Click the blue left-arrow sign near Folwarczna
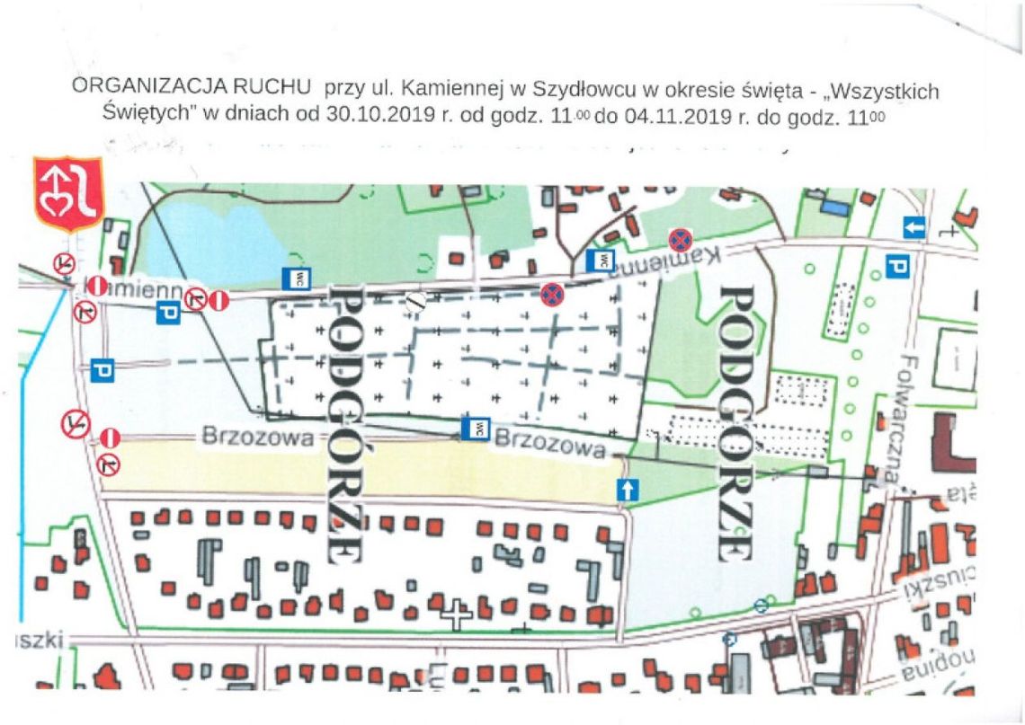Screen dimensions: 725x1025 [914, 228]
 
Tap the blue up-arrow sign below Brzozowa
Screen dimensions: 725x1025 [627, 490]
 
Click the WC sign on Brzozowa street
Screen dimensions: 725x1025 [475, 428]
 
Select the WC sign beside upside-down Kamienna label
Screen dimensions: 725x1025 [599, 261]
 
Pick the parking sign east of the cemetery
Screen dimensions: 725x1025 [896, 265]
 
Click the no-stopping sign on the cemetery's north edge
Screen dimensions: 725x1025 [552, 294]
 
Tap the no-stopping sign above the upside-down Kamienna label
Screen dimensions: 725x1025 [680, 240]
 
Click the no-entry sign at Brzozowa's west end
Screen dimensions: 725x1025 [110, 438]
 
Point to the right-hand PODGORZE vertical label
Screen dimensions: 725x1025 [737, 422]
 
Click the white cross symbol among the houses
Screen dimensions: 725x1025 [457, 616]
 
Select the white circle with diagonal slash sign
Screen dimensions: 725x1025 [414, 302]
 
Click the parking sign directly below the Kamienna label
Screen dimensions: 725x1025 [168, 313]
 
